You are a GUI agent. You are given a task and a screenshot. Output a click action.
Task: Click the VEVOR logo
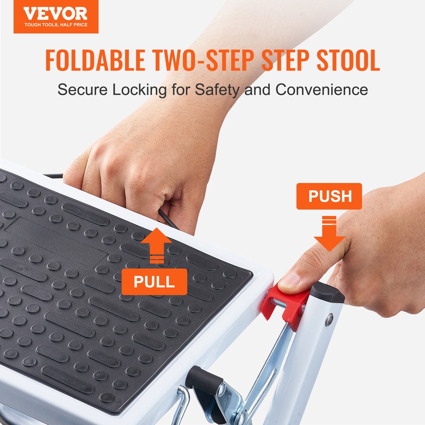click(55, 14)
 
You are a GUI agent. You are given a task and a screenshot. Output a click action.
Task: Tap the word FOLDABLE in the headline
click(95, 60)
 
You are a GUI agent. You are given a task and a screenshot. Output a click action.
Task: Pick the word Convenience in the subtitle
click(322, 90)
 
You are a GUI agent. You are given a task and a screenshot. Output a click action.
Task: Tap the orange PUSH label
click(329, 196)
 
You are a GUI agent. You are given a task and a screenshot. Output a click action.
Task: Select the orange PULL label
click(154, 281)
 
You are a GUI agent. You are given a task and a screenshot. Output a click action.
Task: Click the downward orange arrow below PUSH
click(329, 235)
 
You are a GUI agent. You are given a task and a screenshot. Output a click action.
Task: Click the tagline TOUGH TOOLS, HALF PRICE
click(56, 25)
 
